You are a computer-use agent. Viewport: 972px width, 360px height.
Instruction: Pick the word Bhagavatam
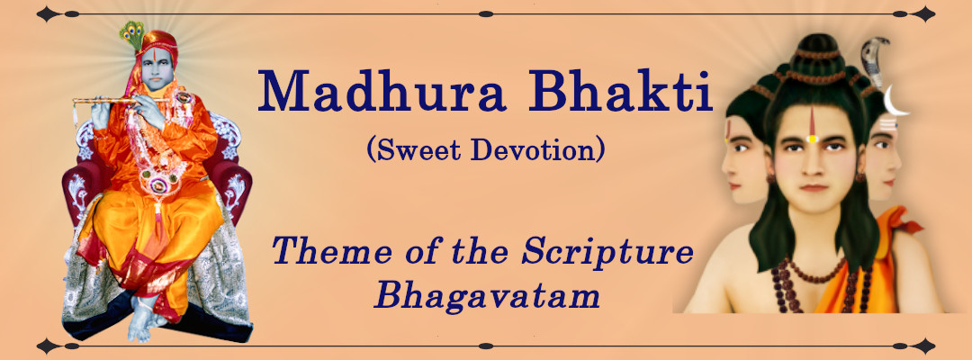pyautogui.click(x=487, y=295)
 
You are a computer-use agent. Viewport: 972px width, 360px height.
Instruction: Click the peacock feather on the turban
pyautogui.click(x=131, y=34)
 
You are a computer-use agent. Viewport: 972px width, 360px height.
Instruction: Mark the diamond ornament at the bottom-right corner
pyautogui.click(x=923, y=346)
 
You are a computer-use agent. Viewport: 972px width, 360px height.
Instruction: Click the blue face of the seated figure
pyautogui.click(x=156, y=68)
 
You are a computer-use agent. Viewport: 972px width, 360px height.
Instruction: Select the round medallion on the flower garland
pyautogui.click(x=160, y=184)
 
